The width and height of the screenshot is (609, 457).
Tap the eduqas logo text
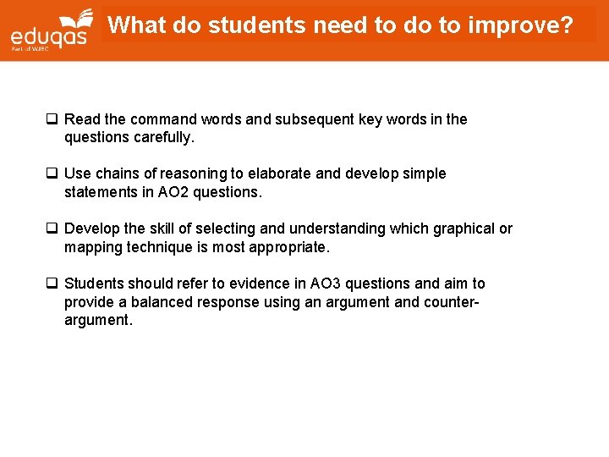tap(49, 36)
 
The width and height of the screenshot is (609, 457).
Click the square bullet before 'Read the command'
tap(52, 119)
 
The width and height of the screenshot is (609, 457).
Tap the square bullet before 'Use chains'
tap(52, 173)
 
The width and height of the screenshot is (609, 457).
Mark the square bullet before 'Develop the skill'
tap(52, 228)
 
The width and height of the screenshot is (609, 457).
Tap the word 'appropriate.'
tap(288, 246)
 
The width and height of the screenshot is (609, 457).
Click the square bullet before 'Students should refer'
tap(52, 284)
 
